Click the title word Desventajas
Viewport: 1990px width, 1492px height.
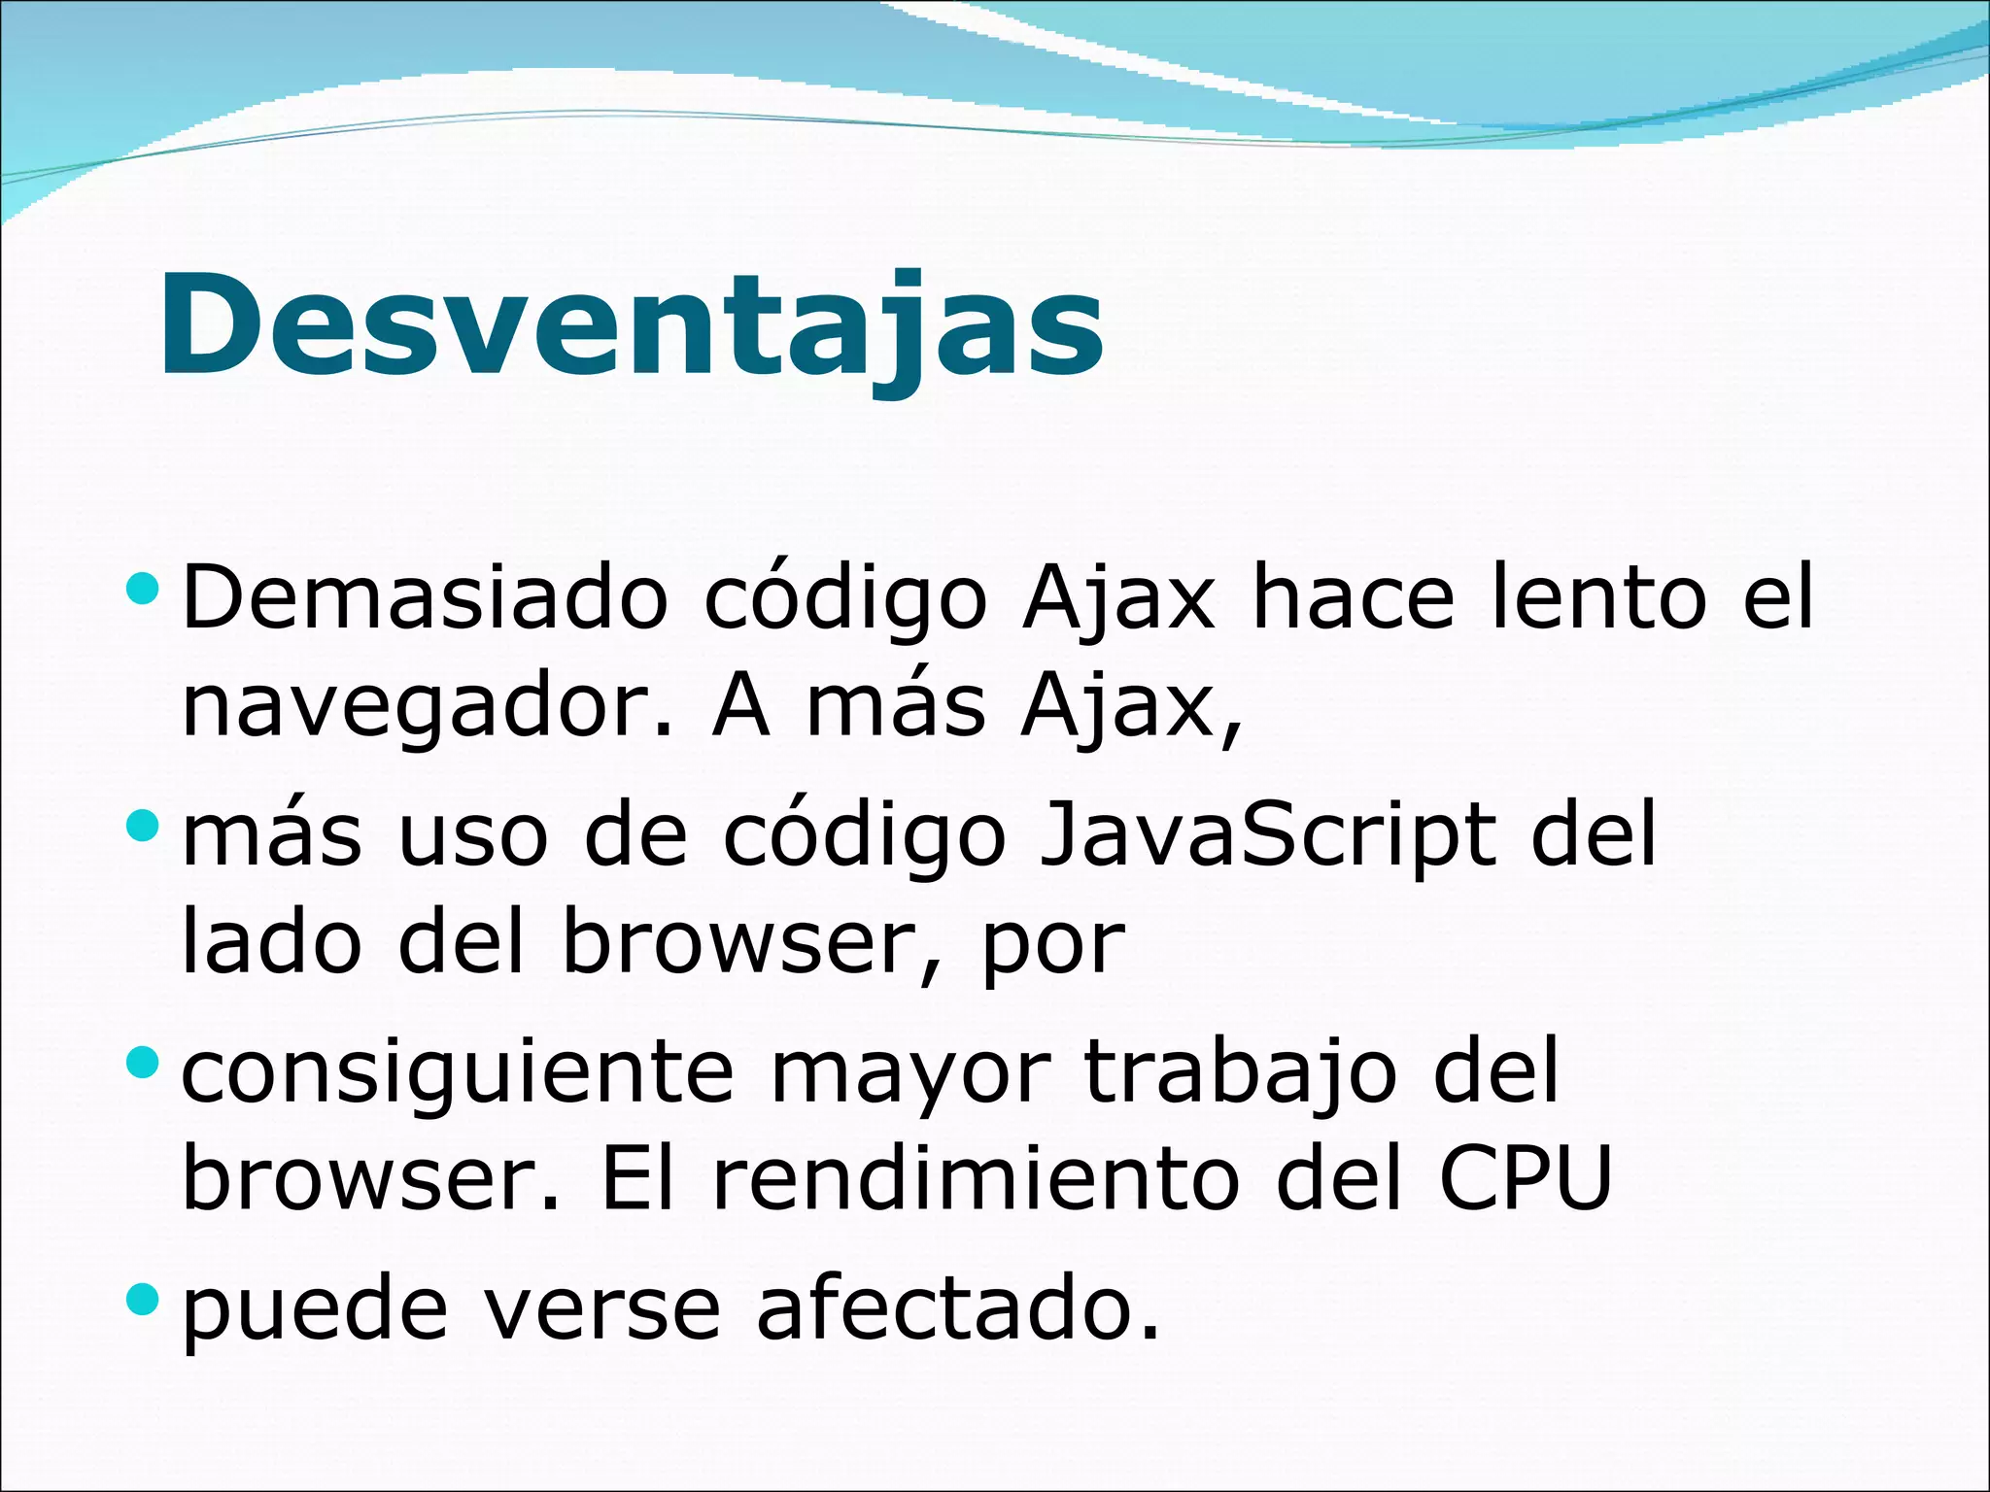pyautogui.click(x=632, y=325)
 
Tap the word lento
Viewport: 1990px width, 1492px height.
pyautogui.click(x=1597, y=597)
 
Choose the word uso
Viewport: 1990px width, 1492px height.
pyautogui.click(x=473, y=836)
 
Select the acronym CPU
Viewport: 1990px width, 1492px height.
pyautogui.click(x=1525, y=1178)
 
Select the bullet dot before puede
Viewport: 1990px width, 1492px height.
pyautogui.click(x=142, y=1298)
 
